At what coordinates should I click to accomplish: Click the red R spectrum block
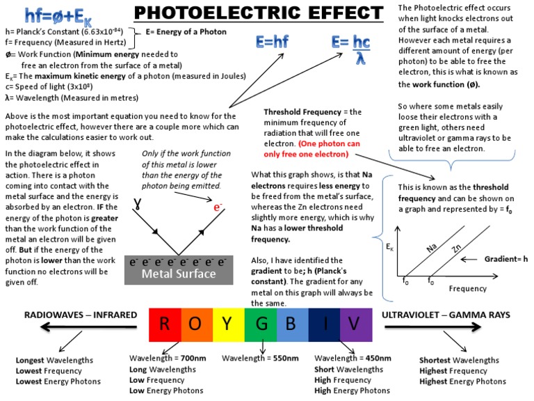(164, 324)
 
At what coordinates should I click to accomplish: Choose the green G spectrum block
(261, 324)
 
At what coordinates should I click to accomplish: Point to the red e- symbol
(219, 207)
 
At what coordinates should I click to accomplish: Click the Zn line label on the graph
(456, 250)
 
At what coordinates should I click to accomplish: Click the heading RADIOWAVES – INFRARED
(81, 315)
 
